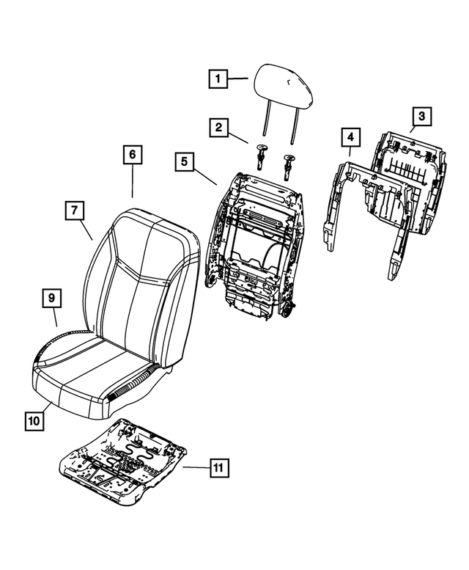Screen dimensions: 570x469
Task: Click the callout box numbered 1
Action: tap(218, 78)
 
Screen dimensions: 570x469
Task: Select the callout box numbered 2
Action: tap(218, 128)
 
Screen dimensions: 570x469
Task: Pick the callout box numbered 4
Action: tap(350, 137)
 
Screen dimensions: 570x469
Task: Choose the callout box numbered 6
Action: tap(132, 156)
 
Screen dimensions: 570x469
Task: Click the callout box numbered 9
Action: tap(51, 298)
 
